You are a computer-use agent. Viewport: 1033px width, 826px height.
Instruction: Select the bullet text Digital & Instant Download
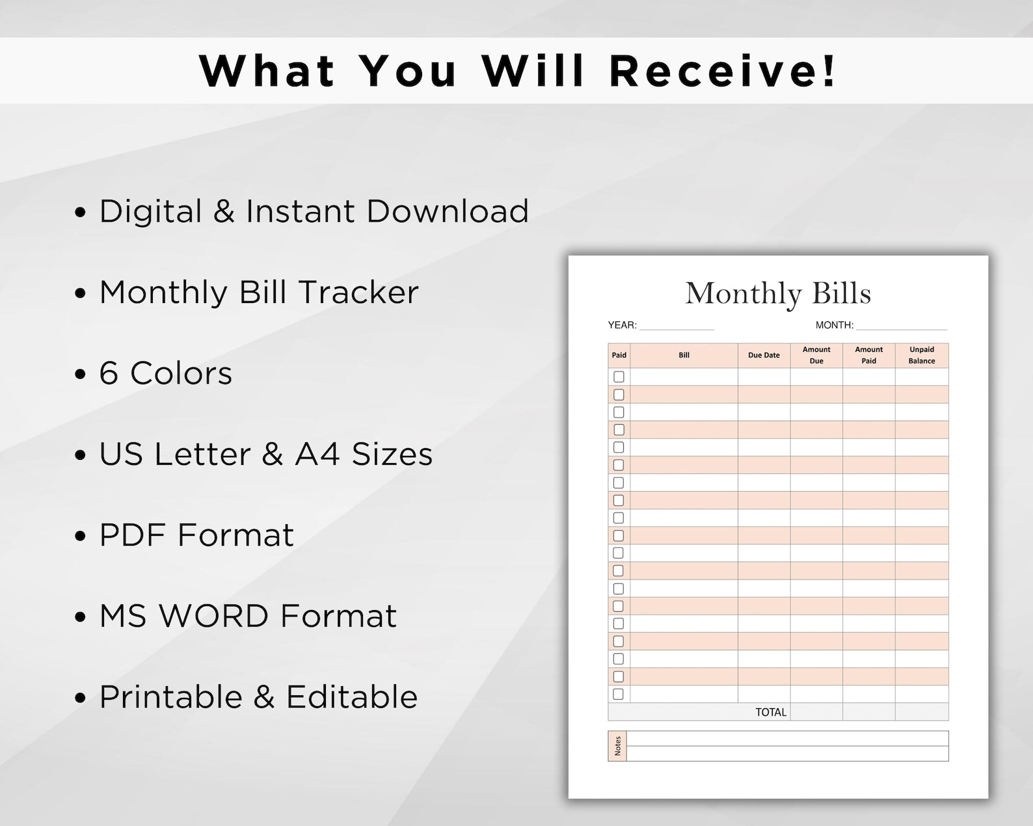coord(314,211)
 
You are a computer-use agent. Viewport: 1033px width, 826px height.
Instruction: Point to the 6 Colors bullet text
coord(165,373)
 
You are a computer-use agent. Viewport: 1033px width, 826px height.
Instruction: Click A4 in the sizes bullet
coord(317,454)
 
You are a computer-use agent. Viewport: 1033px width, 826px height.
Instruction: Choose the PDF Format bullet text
coord(196,535)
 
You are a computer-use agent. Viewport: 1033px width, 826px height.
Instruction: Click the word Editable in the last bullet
coord(352,697)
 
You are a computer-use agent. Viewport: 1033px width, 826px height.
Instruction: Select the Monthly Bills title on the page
coord(778,293)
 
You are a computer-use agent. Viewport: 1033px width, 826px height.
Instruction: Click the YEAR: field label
coord(622,325)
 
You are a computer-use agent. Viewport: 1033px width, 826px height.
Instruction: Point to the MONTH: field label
coord(834,325)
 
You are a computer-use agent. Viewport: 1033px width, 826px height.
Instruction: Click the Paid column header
coord(619,355)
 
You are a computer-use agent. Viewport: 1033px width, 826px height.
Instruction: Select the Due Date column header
coord(764,355)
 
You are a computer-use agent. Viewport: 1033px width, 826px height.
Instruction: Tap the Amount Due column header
coord(816,355)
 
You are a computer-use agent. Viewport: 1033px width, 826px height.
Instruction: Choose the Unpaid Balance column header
coord(922,355)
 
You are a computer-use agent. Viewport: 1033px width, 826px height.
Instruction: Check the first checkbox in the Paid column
coord(619,377)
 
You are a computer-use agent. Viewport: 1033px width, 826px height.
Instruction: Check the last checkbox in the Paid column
coord(619,694)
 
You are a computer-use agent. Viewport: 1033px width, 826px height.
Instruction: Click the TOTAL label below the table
coord(771,712)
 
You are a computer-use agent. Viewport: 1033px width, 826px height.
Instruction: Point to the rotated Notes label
coord(617,746)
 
